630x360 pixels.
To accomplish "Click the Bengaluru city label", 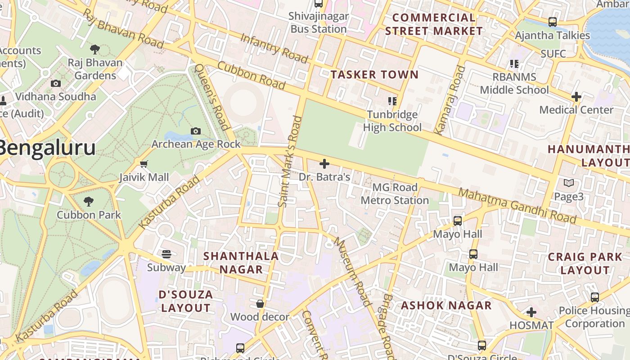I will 47,148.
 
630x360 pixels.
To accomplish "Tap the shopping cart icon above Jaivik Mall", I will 144,164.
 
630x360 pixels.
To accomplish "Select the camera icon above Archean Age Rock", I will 196,131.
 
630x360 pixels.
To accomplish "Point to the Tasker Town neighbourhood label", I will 374,75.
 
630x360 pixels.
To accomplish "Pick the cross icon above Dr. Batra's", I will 324,164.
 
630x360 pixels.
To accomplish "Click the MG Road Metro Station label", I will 395,194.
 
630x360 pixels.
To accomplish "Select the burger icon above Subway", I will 166,254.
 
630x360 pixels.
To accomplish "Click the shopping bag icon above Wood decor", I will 260,304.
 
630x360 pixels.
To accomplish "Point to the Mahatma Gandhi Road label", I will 517,206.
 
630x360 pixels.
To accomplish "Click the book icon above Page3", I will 569,183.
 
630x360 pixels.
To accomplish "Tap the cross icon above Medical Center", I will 576,97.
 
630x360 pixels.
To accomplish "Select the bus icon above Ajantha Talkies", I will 552,22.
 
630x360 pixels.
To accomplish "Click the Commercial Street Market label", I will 434,24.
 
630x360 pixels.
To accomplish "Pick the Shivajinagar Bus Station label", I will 319,22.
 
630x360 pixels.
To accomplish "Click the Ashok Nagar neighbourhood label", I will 446,306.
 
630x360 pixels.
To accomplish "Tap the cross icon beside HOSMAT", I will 531,312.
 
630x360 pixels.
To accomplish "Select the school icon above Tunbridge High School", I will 392,101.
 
